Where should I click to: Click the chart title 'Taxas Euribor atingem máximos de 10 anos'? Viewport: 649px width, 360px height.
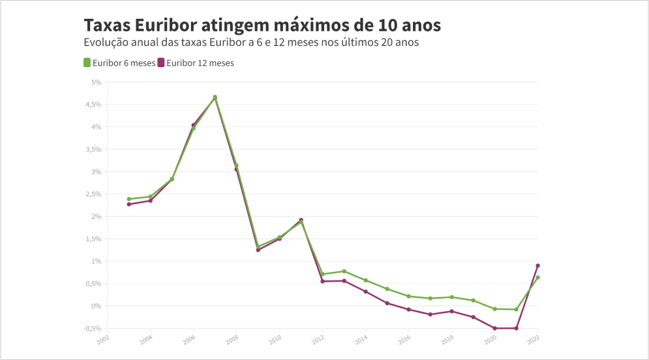[x=262, y=25]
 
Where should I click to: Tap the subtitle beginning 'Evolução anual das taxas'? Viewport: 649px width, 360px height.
[x=250, y=42]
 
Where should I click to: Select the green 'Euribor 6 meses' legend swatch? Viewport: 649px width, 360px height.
[x=87, y=63]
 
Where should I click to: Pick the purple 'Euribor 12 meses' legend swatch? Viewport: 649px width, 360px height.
[x=161, y=63]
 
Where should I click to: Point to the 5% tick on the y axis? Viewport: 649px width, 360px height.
[x=96, y=82]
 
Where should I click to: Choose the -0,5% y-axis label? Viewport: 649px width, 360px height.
[x=93, y=328]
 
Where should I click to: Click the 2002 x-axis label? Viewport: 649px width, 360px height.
[x=103, y=340]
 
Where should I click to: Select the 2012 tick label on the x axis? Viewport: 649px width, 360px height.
[x=318, y=340]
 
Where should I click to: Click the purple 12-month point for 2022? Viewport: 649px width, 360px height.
[x=537, y=265]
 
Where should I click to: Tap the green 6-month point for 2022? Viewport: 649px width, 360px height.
[x=537, y=277]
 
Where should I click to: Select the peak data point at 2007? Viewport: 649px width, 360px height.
[x=215, y=97]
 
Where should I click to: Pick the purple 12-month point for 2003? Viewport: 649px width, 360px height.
[x=129, y=204]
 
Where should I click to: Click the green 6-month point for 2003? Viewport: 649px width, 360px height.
[x=129, y=199]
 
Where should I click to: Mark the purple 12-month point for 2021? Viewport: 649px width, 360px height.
[x=516, y=328]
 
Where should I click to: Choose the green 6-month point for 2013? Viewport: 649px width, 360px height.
[x=344, y=271]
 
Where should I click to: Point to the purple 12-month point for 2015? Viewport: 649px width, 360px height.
[x=387, y=303]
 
